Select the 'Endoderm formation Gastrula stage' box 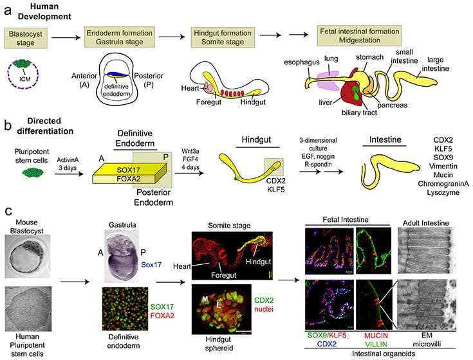[x=120, y=35]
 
